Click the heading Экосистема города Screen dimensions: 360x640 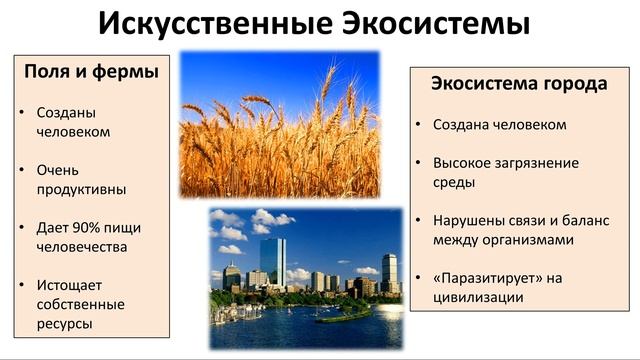pos(518,84)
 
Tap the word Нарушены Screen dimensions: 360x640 pos(467,219)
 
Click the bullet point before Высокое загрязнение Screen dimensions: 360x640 pos(419,162)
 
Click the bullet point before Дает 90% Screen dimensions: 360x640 pos(24,228)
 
